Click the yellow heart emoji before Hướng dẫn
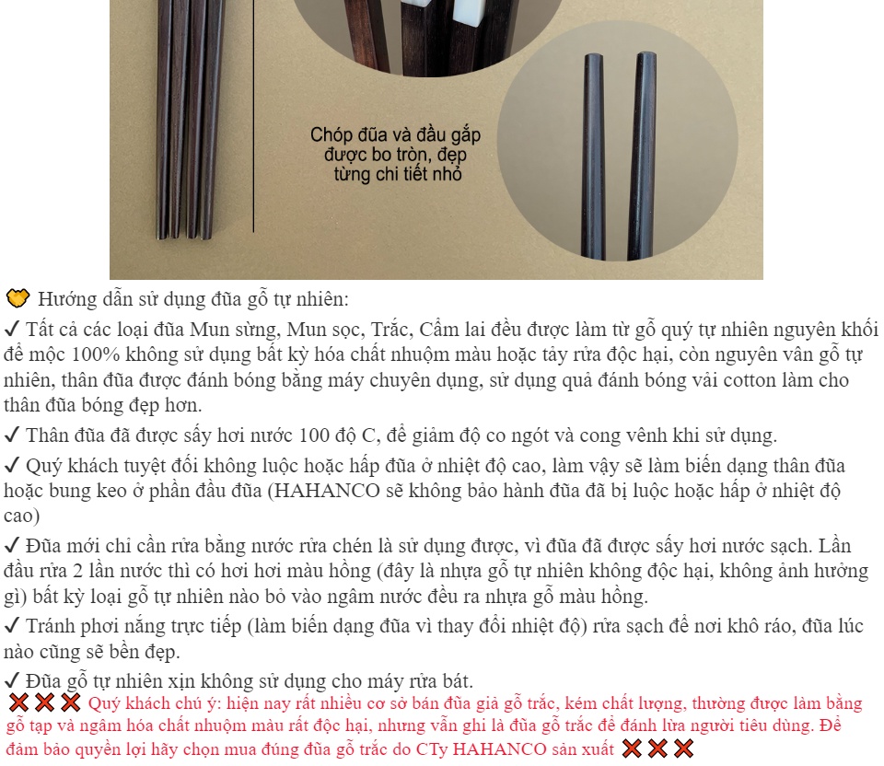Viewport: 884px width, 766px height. point(17,298)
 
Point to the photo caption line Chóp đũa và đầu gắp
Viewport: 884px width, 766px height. point(395,134)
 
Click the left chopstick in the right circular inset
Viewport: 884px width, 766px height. point(594,157)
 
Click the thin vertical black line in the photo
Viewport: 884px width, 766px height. point(254,116)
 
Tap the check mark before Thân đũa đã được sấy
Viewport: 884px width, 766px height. point(11,435)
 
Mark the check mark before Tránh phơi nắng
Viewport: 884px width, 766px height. point(11,626)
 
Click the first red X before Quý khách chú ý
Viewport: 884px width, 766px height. point(18,702)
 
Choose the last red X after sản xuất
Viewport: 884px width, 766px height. point(684,749)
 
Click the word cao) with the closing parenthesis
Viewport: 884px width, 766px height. point(21,516)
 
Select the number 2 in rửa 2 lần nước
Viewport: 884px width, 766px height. point(77,571)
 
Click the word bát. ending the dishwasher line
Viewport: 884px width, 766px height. point(458,681)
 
